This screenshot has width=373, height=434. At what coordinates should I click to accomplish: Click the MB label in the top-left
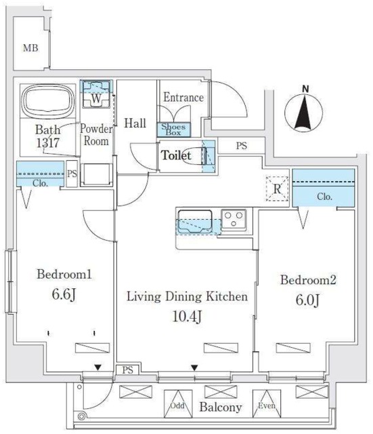30,48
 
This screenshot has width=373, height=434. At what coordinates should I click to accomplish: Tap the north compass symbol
305,111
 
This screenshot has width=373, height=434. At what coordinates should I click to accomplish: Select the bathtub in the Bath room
47,102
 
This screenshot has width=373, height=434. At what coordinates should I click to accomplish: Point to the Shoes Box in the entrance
174,129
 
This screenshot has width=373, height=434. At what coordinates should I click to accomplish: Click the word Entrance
183,98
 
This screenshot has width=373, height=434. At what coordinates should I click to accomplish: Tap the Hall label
135,123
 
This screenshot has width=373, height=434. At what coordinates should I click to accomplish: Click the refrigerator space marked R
276,189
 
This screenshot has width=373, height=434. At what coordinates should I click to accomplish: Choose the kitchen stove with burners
235,219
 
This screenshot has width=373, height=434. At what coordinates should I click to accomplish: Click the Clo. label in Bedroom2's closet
324,197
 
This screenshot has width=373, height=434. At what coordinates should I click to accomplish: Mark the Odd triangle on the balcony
177,406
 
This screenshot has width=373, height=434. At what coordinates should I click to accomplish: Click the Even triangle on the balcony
264,406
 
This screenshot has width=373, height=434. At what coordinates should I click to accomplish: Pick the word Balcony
221,408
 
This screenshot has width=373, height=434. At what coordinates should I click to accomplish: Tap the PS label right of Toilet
242,145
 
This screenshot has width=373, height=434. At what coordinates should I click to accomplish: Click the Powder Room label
95,135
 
